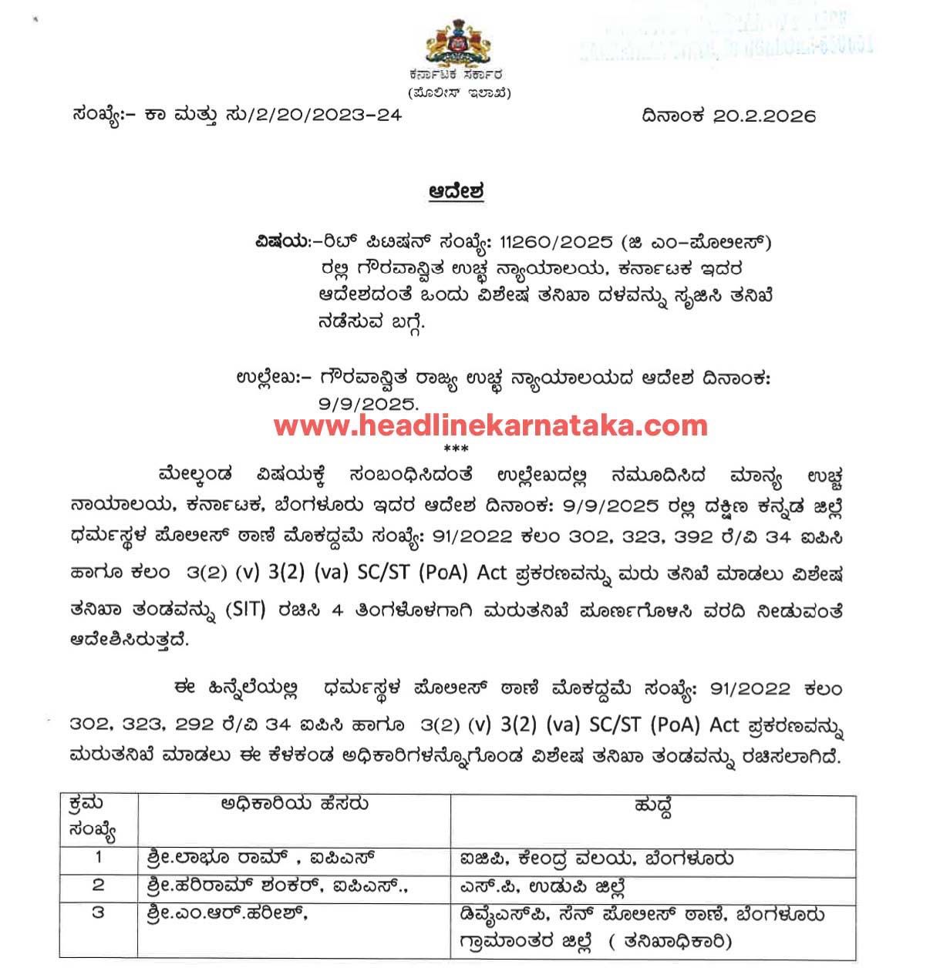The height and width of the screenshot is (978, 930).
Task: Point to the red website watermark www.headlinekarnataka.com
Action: coord(490,425)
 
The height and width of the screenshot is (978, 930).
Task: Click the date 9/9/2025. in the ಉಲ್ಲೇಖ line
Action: coord(367,403)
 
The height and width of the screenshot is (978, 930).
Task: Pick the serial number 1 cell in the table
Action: coord(98,857)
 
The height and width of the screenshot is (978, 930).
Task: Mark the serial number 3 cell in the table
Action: coord(98,913)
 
